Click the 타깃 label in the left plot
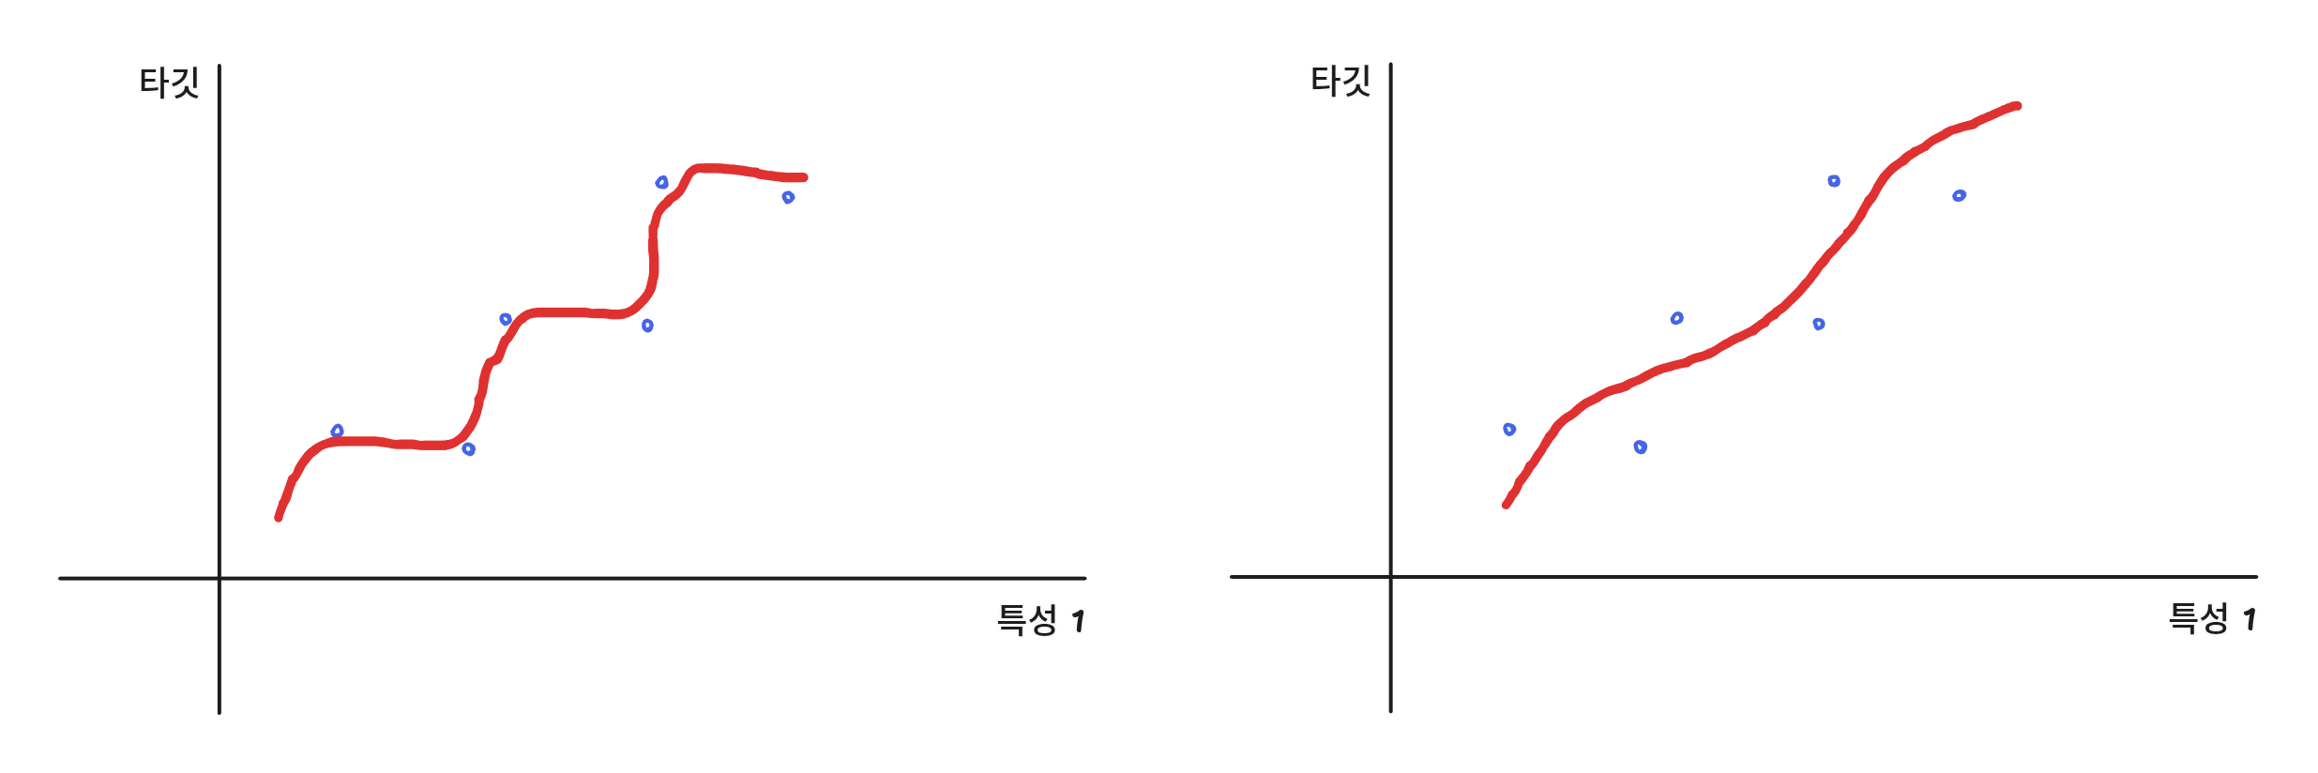[169, 83]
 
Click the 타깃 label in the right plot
[1341, 81]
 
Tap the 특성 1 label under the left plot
[1040, 620]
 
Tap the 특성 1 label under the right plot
[2212, 618]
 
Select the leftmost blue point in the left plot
[338, 431]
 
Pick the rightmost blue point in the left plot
[788, 197]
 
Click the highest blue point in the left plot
[661, 182]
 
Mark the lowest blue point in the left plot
[468, 449]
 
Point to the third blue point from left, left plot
[506, 320]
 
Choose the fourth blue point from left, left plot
[647, 326]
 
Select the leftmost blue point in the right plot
[1509, 430]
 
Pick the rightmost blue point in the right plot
[1959, 196]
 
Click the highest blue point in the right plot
[1834, 181]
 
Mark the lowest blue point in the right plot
[1640, 447]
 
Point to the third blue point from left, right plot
[1676, 319]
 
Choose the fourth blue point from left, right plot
[1819, 325]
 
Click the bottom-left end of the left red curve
[279, 517]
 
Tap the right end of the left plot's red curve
[804, 177]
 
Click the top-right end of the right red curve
[2018, 106]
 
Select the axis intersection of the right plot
[1390, 577]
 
